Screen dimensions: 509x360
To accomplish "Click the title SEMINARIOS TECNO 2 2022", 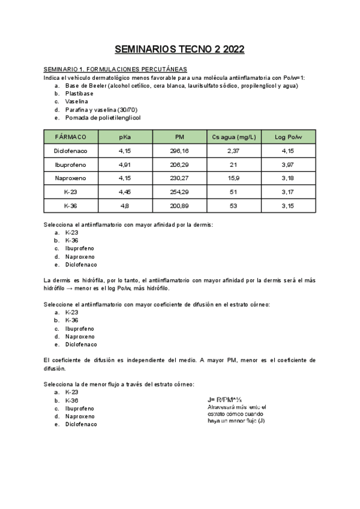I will click(179, 50).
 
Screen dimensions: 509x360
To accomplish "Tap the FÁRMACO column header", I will click(70, 137).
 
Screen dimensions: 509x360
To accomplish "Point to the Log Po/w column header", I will click(287, 137).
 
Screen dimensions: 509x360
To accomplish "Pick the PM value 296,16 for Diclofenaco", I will click(179, 151).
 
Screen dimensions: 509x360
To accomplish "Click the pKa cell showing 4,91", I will click(125, 164).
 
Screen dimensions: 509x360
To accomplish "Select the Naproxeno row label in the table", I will click(70, 178).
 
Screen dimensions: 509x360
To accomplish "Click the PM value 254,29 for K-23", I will click(179, 192).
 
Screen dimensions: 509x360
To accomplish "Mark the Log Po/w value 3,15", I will click(287, 206).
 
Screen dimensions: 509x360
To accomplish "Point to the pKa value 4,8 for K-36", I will click(125, 206).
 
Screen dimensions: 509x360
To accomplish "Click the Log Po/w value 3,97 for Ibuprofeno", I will click(287, 164).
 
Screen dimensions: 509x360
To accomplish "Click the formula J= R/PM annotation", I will click(224, 399).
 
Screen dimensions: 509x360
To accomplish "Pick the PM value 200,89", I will click(179, 206).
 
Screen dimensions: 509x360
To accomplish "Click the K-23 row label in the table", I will click(70, 192).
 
